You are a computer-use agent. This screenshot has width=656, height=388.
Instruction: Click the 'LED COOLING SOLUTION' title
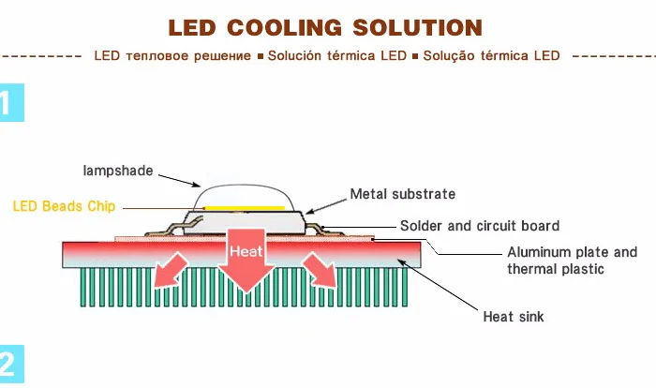click(x=326, y=27)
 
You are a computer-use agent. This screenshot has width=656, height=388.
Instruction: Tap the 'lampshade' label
click(x=117, y=171)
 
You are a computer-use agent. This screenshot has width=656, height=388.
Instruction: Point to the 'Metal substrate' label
click(x=402, y=194)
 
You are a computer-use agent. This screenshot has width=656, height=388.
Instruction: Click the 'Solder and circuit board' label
click(x=479, y=226)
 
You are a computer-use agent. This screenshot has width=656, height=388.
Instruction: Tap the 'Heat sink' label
click(x=513, y=317)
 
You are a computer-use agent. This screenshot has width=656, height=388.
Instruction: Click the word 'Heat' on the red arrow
click(x=246, y=252)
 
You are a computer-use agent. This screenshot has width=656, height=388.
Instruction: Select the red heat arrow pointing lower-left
click(x=171, y=270)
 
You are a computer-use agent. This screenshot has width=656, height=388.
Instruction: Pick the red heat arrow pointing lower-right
click(x=320, y=270)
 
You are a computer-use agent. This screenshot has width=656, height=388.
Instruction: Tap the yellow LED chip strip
click(x=245, y=206)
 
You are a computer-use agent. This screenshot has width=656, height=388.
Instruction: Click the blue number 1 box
click(x=10, y=103)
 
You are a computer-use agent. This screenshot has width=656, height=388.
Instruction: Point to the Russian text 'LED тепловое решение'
click(x=172, y=55)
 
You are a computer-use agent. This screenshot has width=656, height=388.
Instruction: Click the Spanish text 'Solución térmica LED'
click(x=336, y=55)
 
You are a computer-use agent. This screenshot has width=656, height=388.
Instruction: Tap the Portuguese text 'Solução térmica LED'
click(x=491, y=55)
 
